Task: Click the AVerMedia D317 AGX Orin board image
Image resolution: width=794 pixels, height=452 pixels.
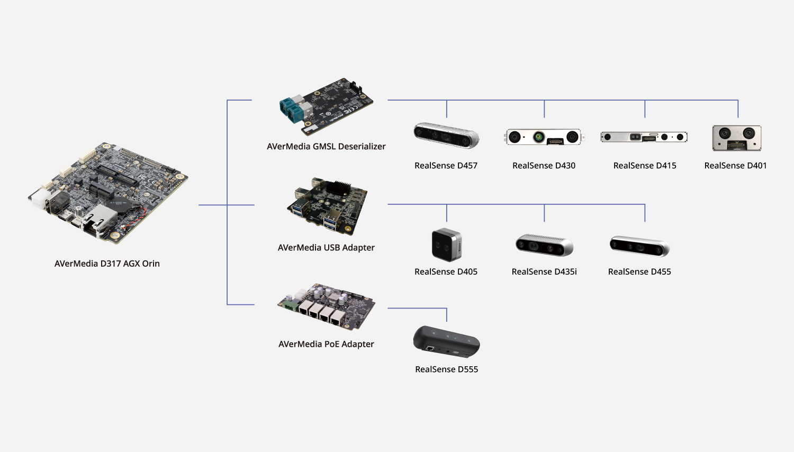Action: pyautogui.click(x=108, y=193)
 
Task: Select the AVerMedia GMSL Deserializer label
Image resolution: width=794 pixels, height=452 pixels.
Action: pyautogui.click(x=326, y=147)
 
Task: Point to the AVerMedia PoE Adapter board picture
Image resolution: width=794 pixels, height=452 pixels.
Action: pyautogui.click(x=327, y=306)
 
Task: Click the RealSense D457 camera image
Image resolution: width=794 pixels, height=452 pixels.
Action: pyautogui.click(x=446, y=135)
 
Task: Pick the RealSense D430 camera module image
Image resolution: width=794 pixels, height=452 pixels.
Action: pyautogui.click(x=544, y=137)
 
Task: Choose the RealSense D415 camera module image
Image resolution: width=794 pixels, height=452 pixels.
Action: pyautogui.click(x=644, y=137)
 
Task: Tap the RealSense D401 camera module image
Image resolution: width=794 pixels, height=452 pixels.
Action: pyautogui.click(x=736, y=138)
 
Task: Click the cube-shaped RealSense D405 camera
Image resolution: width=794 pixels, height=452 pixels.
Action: pyautogui.click(x=447, y=245)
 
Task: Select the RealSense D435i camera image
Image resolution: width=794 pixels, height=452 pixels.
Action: pyautogui.click(x=544, y=245)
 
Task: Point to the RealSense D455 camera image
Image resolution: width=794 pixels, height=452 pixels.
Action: pyautogui.click(x=639, y=246)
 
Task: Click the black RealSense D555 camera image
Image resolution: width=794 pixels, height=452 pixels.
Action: pyautogui.click(x=446, y=342)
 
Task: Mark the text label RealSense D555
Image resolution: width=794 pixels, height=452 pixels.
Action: pyautogui.click(x=446, y=369)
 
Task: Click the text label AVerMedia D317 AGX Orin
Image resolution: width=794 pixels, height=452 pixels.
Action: pyautogui.click(x=107, y=264)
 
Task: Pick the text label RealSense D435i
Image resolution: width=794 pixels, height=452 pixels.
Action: pyautogui.click(x=544, y=272)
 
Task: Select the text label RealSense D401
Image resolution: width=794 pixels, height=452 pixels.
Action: pyautogui.click(x=735, y=166)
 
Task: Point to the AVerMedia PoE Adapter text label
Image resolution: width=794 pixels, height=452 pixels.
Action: pyautogui.click(x=326, y=344)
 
